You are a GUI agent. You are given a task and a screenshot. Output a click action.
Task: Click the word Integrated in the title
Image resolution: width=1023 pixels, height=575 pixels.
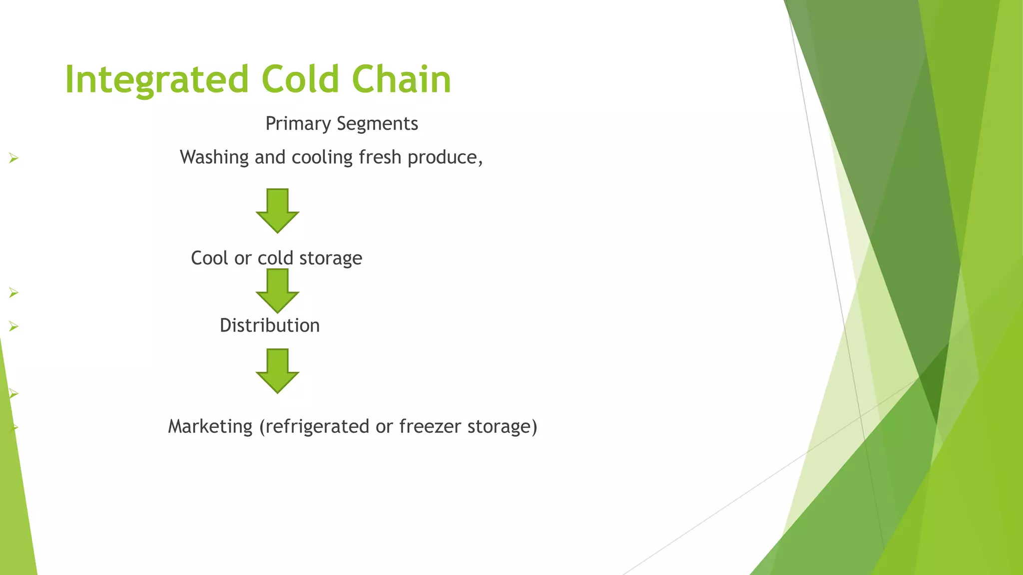156,80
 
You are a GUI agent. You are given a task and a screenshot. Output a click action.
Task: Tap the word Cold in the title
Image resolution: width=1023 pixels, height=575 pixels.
300,80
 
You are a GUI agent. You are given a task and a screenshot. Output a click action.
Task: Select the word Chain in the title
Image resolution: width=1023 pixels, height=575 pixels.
401,80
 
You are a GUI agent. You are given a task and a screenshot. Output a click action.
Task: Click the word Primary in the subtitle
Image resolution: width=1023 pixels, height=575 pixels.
298,124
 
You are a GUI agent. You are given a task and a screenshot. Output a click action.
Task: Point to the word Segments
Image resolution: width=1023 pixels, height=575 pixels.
377,124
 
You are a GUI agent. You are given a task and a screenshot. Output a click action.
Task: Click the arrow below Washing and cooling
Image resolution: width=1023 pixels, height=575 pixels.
277,211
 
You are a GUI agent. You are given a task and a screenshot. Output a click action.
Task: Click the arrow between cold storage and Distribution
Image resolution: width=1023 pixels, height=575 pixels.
277,291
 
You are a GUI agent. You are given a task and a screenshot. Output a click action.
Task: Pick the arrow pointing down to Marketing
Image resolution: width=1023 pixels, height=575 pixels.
277,371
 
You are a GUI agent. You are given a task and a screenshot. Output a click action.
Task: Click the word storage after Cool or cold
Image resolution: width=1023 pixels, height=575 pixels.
331,258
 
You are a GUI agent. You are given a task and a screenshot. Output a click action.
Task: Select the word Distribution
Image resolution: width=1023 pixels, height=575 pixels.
270,325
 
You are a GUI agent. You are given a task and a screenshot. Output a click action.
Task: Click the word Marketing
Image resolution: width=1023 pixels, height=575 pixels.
210,427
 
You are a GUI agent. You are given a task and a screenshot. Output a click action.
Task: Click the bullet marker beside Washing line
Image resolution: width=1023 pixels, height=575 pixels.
13,159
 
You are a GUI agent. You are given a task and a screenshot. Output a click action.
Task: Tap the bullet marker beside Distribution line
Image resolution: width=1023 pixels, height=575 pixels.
13,327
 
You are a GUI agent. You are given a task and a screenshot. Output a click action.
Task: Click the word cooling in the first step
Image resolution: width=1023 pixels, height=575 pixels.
322,158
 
